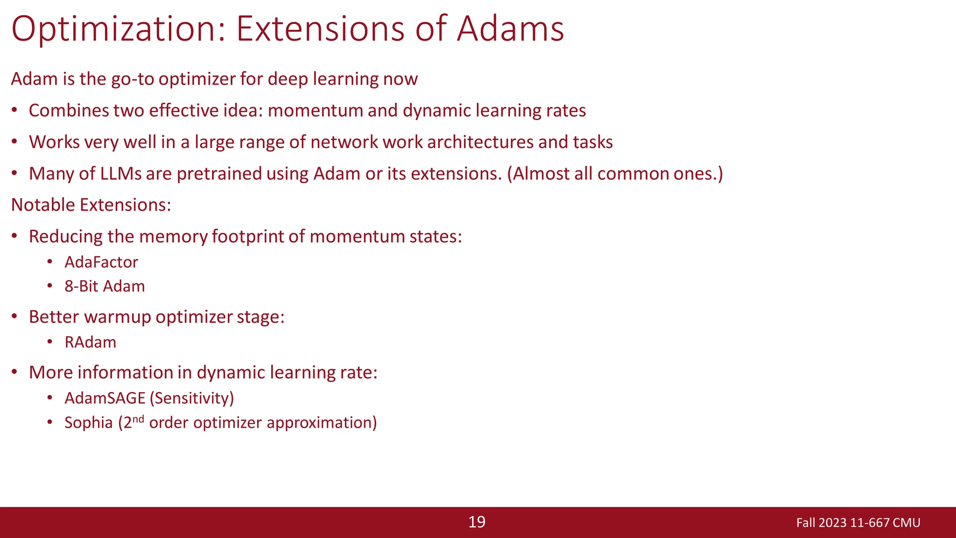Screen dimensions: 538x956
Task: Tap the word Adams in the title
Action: coord(510,29)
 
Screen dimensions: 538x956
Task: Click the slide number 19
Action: coord(477,522)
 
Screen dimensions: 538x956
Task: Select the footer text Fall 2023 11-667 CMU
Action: coord(858,523)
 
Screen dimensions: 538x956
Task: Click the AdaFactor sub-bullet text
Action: coord(101,262)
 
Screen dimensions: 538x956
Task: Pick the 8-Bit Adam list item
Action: coord(105,286)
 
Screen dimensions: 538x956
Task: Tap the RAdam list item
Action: coord(90,342)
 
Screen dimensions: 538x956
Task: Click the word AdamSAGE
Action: coord(105,398)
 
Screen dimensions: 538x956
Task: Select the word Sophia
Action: coord(89,422)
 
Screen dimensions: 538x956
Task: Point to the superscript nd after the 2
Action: coord(138,418)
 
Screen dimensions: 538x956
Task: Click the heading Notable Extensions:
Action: coord(91,205)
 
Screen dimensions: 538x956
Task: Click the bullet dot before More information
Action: coord(14,372)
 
